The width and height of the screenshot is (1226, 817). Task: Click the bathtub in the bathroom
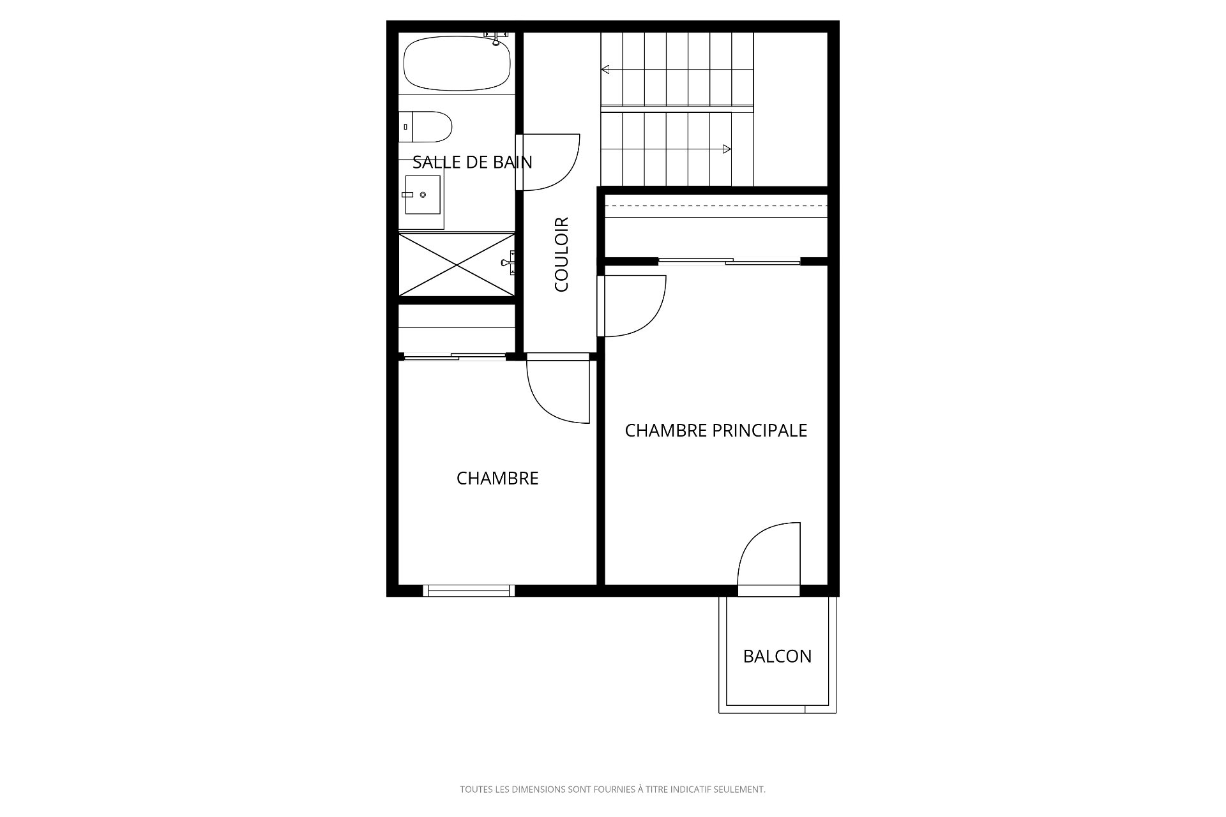(x=457, y=63)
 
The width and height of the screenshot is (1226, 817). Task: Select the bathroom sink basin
(x=423, y=195)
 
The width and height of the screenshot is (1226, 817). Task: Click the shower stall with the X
(x=457, y=264)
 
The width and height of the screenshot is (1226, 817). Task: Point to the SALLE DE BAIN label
(x=473, y=162)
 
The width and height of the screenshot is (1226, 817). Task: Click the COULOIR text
(x=562, y=255)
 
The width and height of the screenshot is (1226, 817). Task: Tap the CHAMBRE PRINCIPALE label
(x=716, y=431)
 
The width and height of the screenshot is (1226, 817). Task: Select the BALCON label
(x=777, y=656)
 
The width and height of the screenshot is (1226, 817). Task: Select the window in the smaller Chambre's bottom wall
(x=469, y=590)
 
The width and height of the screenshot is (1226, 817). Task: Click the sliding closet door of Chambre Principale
(x=729, y=261)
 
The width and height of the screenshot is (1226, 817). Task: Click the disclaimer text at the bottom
(x=613, y=790)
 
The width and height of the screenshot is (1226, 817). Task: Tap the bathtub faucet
(x=496, y=38)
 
